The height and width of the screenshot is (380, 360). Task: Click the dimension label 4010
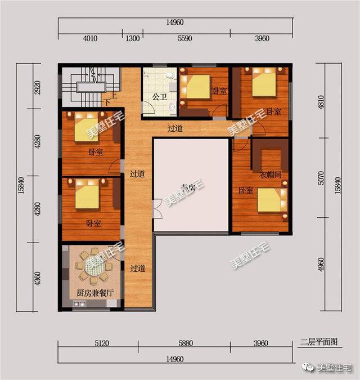[x=90, y=39]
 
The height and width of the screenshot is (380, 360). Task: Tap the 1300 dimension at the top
[x=133, y=39]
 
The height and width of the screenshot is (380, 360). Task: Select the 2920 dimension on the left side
[x=37, y=87]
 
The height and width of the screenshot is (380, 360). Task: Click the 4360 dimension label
[x=37, y=280]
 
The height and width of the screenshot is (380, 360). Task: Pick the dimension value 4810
[x=322, y=101]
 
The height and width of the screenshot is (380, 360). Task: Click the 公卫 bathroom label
[x=160, y=97]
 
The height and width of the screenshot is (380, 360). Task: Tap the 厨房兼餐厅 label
[x=95, y=293]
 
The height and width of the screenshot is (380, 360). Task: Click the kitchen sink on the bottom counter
[x=79, y=305]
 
